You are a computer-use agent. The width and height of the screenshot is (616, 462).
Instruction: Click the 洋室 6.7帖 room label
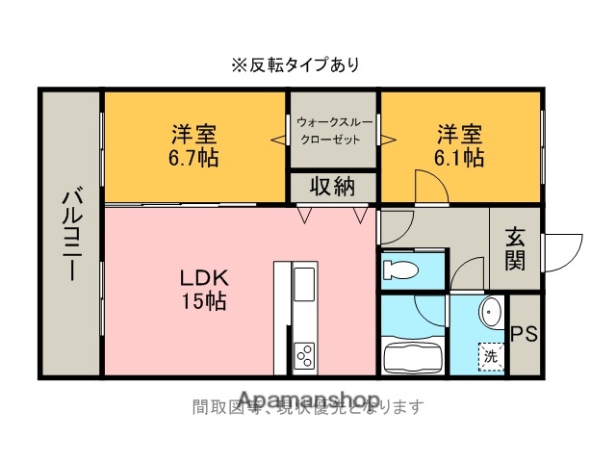tap(194, 145)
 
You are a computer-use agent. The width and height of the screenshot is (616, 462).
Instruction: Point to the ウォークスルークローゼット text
tap(330, 131)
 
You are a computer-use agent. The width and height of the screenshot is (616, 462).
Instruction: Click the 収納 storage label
tap(332, 187)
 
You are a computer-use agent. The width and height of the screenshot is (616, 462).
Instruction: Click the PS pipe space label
tap(524, 334)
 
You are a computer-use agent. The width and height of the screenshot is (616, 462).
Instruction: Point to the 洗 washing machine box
tap(491, 357)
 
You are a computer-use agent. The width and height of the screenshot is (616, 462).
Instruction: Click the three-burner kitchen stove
tap(305, 354)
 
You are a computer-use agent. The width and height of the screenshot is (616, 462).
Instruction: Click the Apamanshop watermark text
tap(307, 399)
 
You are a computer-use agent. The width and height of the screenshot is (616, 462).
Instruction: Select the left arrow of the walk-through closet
tap(279, 141)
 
